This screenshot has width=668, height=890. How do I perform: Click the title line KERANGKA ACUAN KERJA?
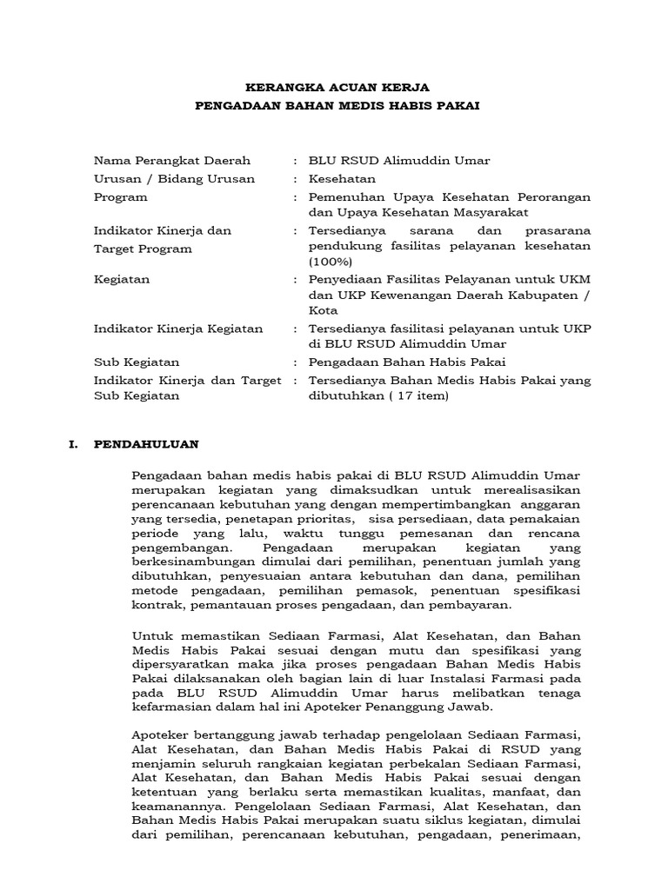click(x=337, y=88)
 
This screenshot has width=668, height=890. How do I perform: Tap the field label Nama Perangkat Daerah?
click(x=172, y=161)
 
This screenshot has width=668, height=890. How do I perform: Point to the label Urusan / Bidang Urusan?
click(x=175, y=179)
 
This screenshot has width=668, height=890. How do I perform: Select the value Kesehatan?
click(x=342, y=179)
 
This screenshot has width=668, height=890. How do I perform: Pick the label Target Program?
click(x=143, y=249)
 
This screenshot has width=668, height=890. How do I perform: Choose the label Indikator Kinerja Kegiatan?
click(x=178, y=329)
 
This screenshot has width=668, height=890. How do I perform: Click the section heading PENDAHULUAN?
click(x=146, y=444)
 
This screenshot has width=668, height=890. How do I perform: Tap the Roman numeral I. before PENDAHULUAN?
click(x=76, y=444)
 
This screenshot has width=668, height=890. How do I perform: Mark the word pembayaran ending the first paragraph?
click(x=475, y=605)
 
